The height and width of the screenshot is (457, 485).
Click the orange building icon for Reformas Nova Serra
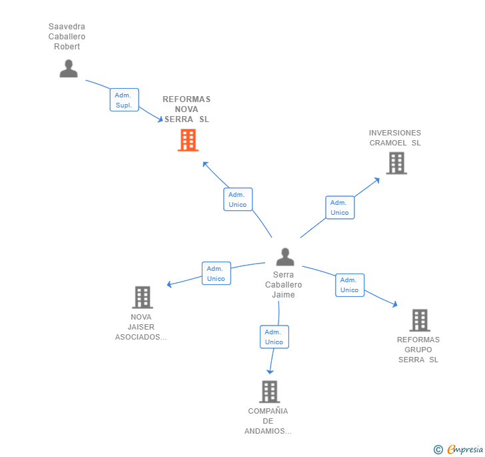point(188,140)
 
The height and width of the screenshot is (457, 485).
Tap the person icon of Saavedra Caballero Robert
point(69,68)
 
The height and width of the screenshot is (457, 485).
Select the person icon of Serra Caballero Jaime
point(285,257)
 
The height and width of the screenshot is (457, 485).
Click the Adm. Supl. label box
point(124,100)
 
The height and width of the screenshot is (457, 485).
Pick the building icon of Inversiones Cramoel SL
point(396,163)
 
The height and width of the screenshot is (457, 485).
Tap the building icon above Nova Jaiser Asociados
point(142,297)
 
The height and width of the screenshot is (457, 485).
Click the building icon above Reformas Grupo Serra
point(419,320)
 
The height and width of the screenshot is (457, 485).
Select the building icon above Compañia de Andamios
point(269,392)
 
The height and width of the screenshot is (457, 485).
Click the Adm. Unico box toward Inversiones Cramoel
point(340,207)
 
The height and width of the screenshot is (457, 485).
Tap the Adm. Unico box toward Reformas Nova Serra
point(238,199)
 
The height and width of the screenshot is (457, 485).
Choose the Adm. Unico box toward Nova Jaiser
point(216,274)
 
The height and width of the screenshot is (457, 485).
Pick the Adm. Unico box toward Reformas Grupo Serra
point(350,285)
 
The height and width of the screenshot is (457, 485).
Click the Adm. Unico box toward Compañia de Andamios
point(274,337)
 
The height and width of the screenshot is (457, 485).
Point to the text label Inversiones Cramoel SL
point(395,137)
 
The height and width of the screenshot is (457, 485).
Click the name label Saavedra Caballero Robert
point(67,37)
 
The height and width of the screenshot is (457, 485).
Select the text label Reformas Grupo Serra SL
point(418,350)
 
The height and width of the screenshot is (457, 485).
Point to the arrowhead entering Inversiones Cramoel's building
point(377,179)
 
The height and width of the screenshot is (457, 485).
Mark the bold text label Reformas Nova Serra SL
point(187,109)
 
